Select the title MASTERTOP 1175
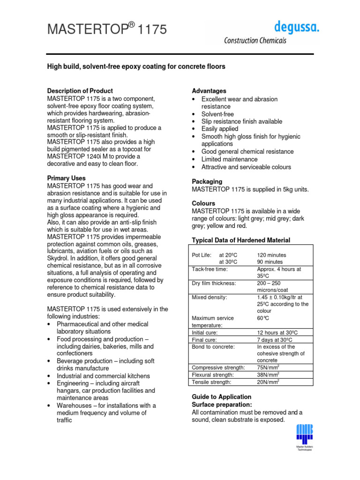pos(107,30)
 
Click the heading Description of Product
pos(80,91)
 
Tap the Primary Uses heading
pos(67,178)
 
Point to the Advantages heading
pos(209,91)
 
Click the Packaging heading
pos(207,181)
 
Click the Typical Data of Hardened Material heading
pos(241,240)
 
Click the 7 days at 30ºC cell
pos(275,339)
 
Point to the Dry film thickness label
pos(214,284)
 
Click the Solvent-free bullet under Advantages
pos(217,114)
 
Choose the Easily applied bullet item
pos(219,129)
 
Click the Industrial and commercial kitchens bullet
pos(103,376)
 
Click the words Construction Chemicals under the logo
pos(255,41)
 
